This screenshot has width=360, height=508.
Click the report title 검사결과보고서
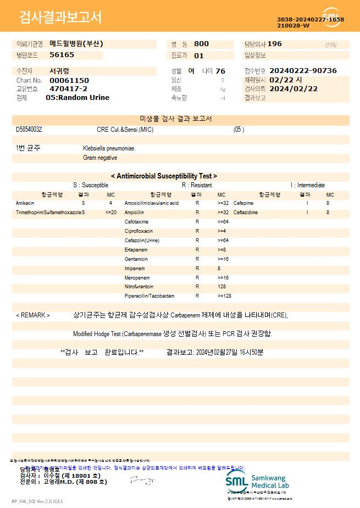[60, 18]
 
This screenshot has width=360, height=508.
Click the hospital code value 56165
[62, 55]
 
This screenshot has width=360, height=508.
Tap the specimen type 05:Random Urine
[77, 97]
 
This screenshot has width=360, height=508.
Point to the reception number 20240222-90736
[303, 71]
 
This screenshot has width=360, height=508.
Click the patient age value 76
[220, 71]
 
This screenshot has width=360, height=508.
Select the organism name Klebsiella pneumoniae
[109, 148]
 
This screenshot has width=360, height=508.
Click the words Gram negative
[100, 158]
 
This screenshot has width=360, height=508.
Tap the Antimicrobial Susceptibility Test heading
[164, 176]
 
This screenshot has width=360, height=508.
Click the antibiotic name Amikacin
[25, 203]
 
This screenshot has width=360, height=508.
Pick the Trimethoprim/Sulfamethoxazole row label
[48, 212]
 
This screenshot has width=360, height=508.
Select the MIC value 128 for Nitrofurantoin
[222, 287]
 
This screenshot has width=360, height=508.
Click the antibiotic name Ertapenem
[136, 249]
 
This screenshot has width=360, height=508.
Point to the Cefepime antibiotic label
[243, 203]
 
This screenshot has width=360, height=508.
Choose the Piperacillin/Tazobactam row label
[149, 296]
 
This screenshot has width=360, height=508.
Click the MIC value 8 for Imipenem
[219, 268]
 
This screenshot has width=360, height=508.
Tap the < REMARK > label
[33, 315]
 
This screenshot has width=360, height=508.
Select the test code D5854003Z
[29, 130]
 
